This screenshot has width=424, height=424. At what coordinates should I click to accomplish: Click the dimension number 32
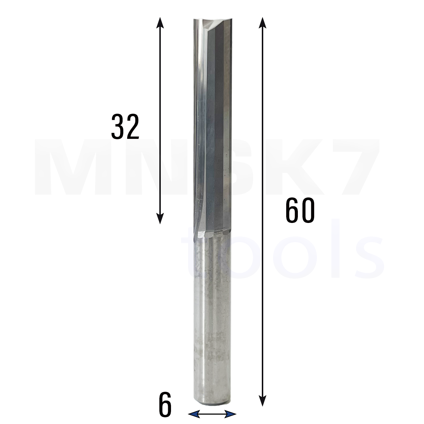point(125,127)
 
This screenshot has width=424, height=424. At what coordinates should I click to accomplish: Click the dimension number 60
point(300,210)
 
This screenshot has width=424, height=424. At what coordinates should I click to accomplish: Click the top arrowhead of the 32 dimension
point(160,23)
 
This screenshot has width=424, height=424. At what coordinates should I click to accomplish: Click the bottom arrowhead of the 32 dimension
point(160,218)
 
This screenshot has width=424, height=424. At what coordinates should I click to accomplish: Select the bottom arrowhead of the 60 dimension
point(262,400)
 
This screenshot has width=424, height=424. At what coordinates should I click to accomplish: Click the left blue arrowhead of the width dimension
point(194,414)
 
